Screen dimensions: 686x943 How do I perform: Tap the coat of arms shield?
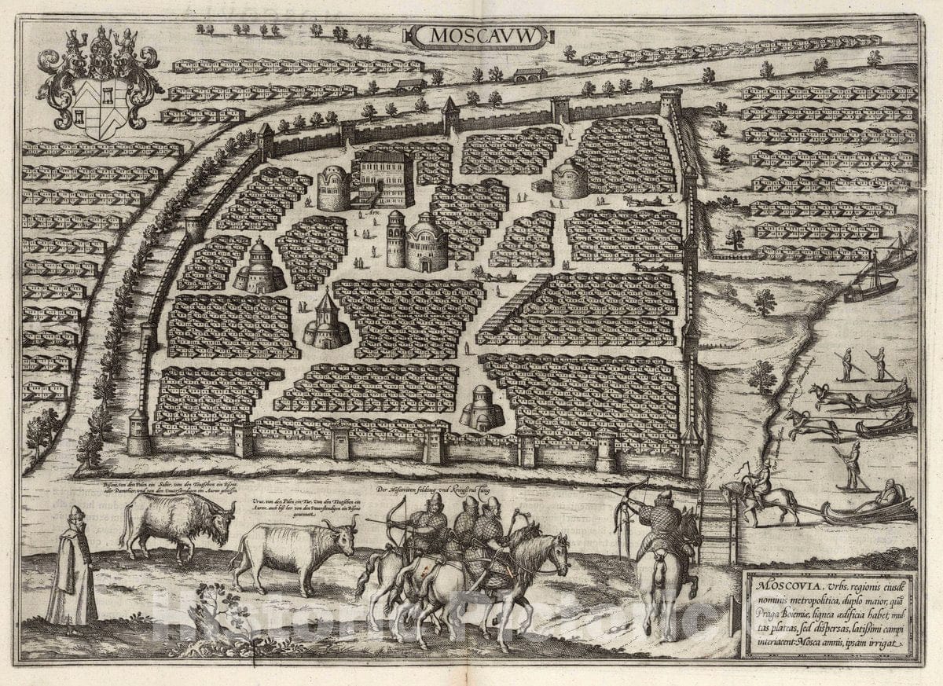coord(100,106)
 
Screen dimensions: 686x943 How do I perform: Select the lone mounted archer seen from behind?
coord(665,542)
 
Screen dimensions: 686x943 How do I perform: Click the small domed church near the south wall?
coord(482,409)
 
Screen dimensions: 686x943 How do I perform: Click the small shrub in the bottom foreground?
coord(206,609)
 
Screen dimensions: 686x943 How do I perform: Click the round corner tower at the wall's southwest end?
coord(139,434)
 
